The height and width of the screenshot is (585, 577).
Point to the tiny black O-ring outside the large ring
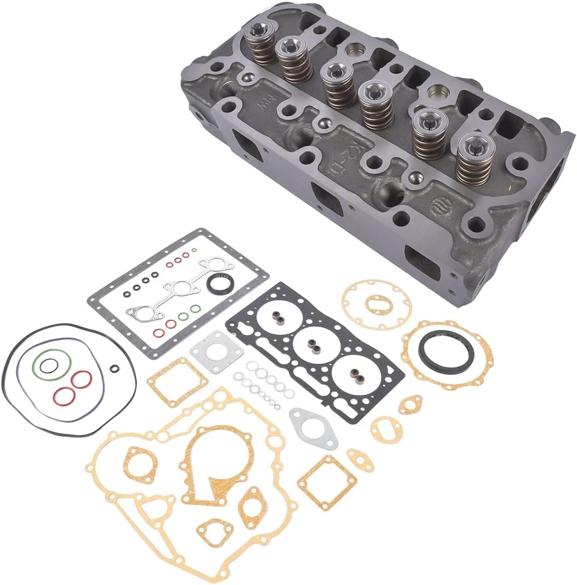(115, 367)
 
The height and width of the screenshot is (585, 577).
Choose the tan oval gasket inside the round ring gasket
(375, 303)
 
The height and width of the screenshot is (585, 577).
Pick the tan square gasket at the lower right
(327, 482)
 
